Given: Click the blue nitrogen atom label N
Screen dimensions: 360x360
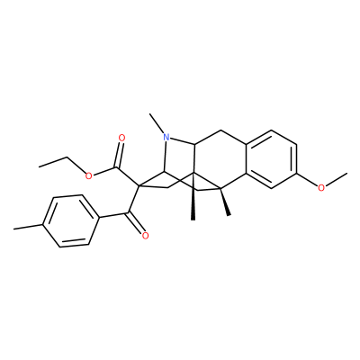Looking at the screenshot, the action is (x=166, y=138).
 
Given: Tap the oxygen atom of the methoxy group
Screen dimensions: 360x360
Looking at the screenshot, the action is (x=321, y=188).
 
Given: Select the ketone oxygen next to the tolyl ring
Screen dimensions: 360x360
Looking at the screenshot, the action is (x=146, y=236).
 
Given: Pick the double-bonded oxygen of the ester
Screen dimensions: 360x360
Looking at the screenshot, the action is (x=121, y=139).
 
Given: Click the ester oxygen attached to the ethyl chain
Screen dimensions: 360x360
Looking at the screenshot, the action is (x=88, y=176).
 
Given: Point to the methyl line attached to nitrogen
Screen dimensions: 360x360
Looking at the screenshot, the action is (x=157, y=123).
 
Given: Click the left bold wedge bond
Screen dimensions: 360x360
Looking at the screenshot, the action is (x=193, y=196).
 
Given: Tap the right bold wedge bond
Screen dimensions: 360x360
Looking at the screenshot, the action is (x=225, y=202).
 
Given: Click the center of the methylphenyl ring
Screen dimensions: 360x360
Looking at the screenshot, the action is (x=71, y=221).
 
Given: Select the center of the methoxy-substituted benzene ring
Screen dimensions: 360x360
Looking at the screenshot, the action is (x=271, y=159).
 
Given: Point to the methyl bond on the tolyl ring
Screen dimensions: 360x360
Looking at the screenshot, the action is (x=29, y=227).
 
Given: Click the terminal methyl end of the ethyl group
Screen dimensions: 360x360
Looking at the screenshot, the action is (x=40, y=166).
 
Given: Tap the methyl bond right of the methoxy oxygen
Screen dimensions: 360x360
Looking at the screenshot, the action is (x=337, y=180).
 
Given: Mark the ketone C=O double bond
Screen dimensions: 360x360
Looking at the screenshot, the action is (x=136, y=222).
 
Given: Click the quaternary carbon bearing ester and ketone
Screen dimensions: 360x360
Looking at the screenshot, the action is (x=139, y=185).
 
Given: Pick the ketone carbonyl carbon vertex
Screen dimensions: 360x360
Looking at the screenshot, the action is (x=129, y=213).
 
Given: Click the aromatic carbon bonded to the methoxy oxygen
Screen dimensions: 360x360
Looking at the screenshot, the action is (x=297, y=174).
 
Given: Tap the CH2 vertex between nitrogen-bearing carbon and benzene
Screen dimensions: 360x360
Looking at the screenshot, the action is (x=220, y=130).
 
